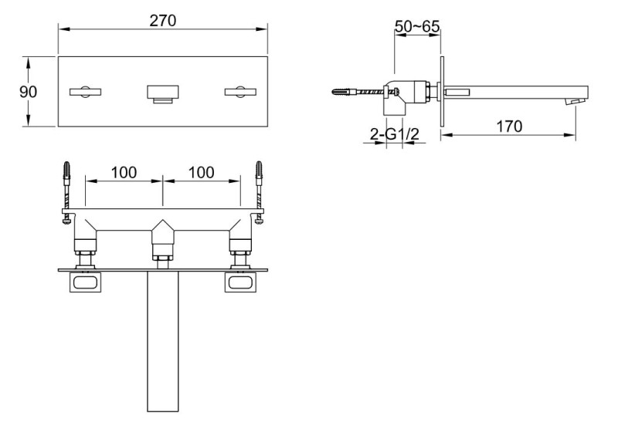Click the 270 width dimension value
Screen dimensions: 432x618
click(x=163, y=21)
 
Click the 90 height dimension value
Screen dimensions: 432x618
click(x=28, y=91)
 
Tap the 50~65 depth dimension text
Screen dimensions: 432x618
click(x=417, y=26)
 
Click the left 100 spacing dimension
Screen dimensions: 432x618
click(x=124, y=172)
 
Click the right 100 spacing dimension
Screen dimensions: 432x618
click(x=201, y=172)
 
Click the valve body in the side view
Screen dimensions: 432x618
click(x=409, y=91)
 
